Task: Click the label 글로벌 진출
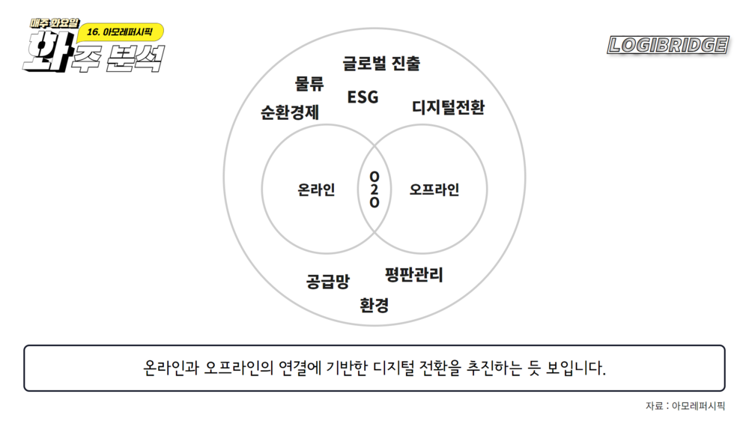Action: coord(381,64)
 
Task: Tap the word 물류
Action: coord(309,83)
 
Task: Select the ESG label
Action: coord(363,97)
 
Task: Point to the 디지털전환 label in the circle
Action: coord(448,108)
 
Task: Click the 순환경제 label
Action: coord(290,113)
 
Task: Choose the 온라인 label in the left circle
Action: coord(316,190)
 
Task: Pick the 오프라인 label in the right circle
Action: coord(434,190)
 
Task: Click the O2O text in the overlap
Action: coord(374,190)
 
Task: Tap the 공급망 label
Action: coord(327,282)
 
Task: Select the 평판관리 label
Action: coord(414,275)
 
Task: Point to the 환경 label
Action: coord(374,306)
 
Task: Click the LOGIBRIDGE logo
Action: coord(668,46)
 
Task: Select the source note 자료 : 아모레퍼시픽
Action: coord(685,406)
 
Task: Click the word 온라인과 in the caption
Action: coord(171,369)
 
